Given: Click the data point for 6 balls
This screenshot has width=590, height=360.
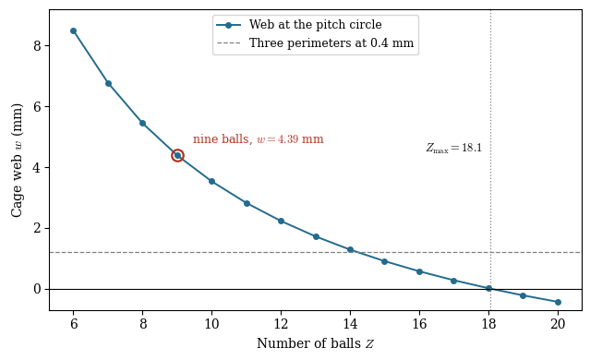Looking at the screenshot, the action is click(73, 30).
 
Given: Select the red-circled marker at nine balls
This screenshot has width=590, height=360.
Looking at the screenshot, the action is click(177, 155).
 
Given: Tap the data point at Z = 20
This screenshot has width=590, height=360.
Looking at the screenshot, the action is click(558, 302).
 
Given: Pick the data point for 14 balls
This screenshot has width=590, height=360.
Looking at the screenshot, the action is click(350, 250).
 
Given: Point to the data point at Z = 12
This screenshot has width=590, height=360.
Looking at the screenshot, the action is click(281, 221).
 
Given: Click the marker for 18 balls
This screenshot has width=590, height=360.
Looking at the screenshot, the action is click(488, 289).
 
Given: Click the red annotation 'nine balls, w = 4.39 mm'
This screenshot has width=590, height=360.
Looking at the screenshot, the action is click(259, 139).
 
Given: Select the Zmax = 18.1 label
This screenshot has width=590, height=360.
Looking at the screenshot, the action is click(453, 148).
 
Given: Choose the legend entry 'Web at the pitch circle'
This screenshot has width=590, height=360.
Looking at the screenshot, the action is click(316, 25).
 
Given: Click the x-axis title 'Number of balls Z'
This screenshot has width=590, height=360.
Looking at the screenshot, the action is click(316, 343).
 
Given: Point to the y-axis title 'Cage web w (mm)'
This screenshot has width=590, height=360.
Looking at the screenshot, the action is click(17, 161).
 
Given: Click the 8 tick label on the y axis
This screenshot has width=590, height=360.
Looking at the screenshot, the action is click(37, 45).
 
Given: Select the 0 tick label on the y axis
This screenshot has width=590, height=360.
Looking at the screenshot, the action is click(37, 289).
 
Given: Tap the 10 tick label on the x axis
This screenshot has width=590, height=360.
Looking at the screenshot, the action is click(211, 323).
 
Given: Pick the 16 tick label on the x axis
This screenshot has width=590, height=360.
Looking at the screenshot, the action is click(419, 323).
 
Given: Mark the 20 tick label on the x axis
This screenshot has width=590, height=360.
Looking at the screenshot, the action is click(558, 323).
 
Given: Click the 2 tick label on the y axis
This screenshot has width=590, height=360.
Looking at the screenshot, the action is click(37, 228).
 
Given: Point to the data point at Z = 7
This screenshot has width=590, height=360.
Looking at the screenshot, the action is click(108, 83).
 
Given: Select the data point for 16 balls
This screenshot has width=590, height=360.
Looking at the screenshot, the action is click(419, 271).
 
